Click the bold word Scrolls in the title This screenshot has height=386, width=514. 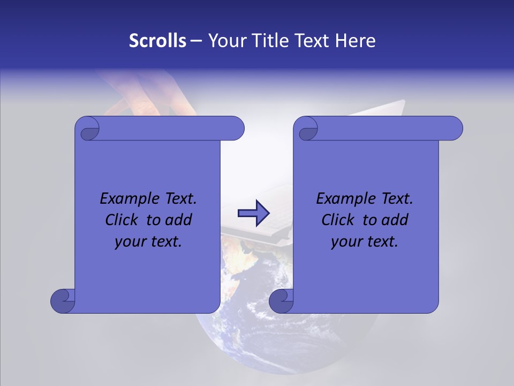pos(158,41)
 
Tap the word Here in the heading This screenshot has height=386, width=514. pos(356,41)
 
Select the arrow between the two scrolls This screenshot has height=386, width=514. pos(254,213)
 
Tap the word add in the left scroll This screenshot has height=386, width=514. pos(179,220)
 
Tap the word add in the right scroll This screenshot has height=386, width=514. pos(395,220)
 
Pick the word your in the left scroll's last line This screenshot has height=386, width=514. pos(130,242)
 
